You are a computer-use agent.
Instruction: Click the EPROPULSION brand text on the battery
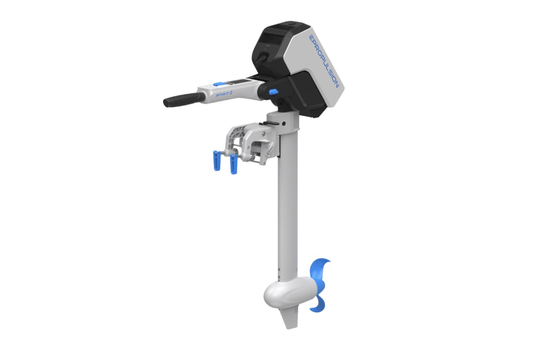click(324, 60)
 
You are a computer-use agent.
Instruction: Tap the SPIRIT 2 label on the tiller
click(224, 94)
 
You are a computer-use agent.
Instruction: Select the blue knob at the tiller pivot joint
click(273, 92)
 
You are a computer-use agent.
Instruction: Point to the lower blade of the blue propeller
click(319, 303)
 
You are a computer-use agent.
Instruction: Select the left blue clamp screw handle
click(216, 160)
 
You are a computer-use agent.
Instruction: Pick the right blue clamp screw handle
click(233, 164)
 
